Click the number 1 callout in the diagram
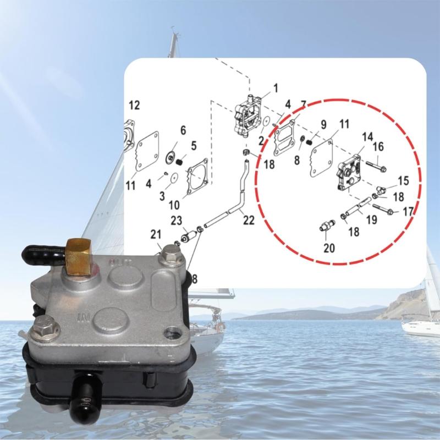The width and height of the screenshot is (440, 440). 275,87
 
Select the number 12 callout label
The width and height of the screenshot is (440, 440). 134,105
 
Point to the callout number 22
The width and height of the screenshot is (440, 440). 249,219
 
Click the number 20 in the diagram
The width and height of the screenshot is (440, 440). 329,248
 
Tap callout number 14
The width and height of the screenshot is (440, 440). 367,136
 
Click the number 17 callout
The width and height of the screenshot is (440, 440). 408,211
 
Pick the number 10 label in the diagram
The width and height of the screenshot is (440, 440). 174,205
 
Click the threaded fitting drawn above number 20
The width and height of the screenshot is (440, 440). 326,226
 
